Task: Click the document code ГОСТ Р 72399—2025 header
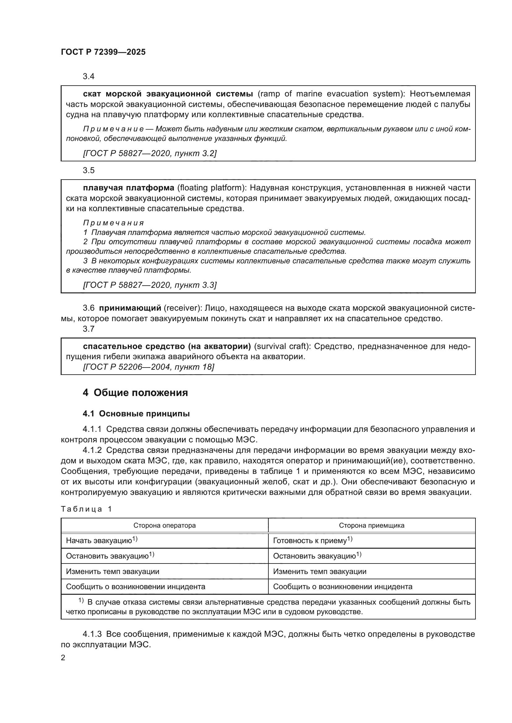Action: click(103, 52)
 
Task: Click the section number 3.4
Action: click(89, 77)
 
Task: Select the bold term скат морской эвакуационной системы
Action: click(168, 94)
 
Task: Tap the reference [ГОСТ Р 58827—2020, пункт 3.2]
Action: click(150, 153)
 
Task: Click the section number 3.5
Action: click(89, 170)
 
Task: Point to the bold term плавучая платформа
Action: click(128, 188)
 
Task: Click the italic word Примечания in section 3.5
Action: click(113, 223)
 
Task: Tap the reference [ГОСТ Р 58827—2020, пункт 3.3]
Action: click(150, 285)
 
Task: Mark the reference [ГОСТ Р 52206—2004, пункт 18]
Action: click(148, 367)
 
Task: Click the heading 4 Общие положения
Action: click(135, 393)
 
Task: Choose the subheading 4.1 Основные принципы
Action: click(136, 414)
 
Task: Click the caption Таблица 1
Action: click(86, 509)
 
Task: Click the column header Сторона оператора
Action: click(164, 525)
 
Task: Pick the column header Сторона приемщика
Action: click(371, 525)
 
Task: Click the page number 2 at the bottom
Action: click(63, 658)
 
